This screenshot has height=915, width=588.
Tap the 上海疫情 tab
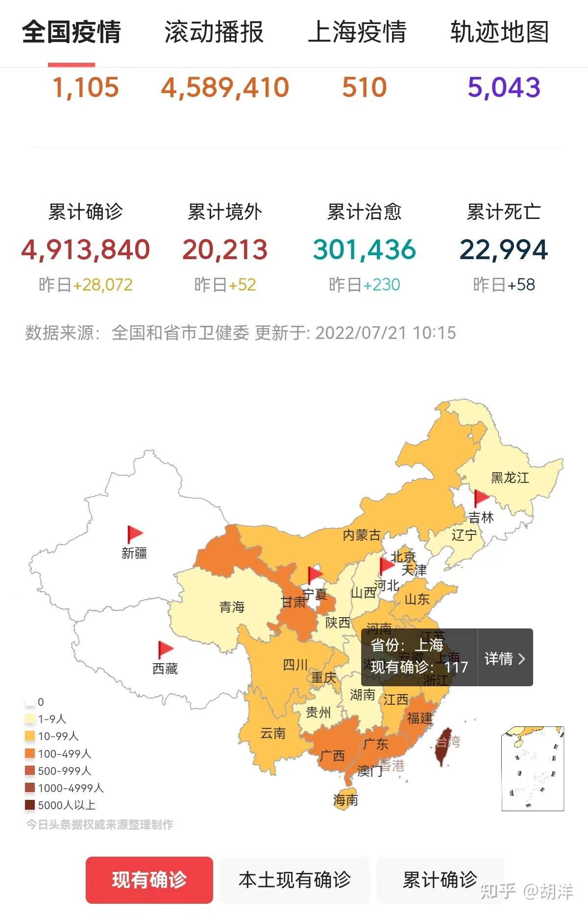point(357,32)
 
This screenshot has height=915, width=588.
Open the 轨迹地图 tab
point(499,32)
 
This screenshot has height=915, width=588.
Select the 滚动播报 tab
point(214,32)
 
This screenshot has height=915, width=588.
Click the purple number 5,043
point(504,88)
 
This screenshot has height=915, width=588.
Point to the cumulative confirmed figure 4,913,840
point(85,250)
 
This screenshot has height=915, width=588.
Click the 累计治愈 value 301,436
point(364,250)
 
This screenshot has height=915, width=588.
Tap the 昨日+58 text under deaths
point(504,285)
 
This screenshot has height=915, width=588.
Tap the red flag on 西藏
point(165,650)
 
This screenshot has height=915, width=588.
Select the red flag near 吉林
point(481,498)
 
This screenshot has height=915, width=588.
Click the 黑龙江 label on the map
point(510,478)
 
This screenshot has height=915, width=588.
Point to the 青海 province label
point(231,607)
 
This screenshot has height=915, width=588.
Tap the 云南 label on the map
point(272,733)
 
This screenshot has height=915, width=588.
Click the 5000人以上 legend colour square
point(30,805)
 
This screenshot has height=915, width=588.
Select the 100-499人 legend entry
point(58,753)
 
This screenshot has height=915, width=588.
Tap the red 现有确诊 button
point(149,880)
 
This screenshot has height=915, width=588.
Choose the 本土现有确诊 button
point(294,880)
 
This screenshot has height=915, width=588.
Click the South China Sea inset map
point(533,768)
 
